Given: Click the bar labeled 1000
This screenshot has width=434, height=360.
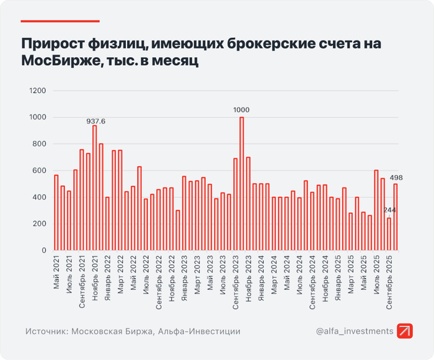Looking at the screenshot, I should pos(242,184).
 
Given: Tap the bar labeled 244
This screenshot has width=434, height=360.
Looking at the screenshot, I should pos(389,234).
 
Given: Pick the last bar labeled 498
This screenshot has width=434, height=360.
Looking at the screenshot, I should pos(396,217).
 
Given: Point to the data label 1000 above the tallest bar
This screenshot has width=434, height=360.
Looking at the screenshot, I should pos(242,110).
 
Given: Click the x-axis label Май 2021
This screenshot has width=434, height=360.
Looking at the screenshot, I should pos(56,272).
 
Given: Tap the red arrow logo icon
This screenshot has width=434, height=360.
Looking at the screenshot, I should pos(406,331).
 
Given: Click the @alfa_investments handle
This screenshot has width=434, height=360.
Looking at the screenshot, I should pos(354,331).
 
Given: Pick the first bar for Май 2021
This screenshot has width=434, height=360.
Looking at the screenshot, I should pos(56,213).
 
